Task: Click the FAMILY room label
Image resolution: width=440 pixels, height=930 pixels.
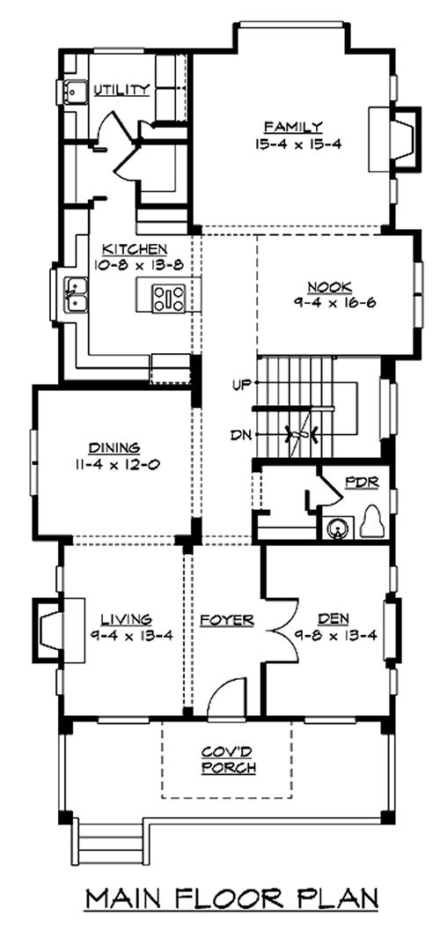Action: coord(293,126)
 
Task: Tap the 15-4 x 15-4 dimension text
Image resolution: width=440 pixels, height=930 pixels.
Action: coord(298,144)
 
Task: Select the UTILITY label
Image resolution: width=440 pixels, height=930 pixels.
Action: coord(121,90)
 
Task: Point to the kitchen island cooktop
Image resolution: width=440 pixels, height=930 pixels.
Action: coord(169,299)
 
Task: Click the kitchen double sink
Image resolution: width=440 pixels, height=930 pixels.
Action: coord(76,294)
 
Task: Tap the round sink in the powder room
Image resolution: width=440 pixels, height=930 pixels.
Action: coord(338,528)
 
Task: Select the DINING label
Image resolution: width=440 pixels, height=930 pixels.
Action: coord(114,447)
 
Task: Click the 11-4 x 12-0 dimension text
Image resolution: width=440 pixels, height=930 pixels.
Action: coord(115,464)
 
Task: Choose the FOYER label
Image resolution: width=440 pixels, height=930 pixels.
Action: coord(226,620)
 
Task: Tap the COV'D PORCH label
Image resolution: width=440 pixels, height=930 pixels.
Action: coord(228,760)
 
